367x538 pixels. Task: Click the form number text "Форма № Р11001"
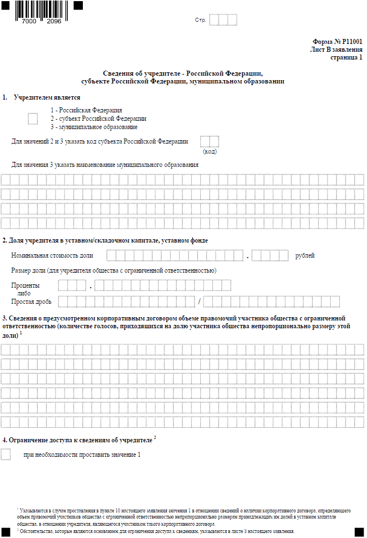pos(338,41)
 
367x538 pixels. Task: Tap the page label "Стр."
pos(200,20)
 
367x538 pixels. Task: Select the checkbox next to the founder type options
pos(33,119)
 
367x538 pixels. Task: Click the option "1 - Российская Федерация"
pos(86,110)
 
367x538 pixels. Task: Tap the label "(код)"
pos(210,151)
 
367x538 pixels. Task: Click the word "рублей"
pos(305,255)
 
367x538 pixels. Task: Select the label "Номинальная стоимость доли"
pos(52,255)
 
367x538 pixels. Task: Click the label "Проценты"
pos(25,285)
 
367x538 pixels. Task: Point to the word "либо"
pos(24,293)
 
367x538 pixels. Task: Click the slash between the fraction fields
pos(199,302)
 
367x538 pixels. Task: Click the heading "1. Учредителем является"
pos(42,97)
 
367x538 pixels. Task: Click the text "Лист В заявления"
pos(336,49)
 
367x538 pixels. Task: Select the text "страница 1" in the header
pos(346,57)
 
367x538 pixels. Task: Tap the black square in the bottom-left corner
pos(6,532)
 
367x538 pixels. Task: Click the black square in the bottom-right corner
pos(359,532)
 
